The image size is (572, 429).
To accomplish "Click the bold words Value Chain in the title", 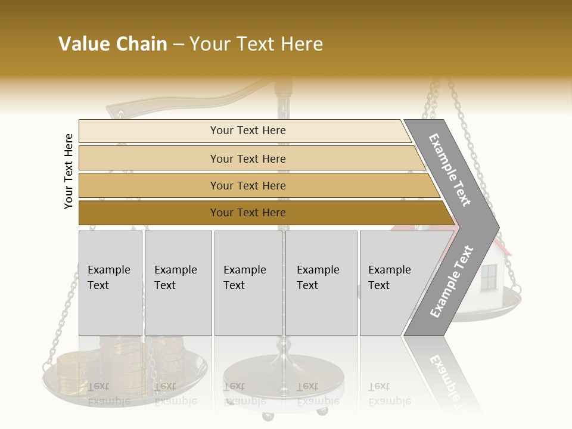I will point(113,44).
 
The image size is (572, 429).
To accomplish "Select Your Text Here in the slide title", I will point(256,44).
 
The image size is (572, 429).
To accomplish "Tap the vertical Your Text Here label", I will point(69,171).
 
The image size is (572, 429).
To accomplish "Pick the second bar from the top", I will point(247,158).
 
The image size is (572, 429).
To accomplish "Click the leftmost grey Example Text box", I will point(110,283).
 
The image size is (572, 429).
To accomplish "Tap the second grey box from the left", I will point(178,283).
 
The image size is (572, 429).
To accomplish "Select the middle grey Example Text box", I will point(248,283).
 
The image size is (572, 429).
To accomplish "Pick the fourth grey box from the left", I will point(321,283).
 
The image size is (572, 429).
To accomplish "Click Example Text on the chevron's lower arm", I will point(452,281).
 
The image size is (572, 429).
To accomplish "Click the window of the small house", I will point(489,276).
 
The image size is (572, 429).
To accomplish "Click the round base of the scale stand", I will point(283,372).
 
